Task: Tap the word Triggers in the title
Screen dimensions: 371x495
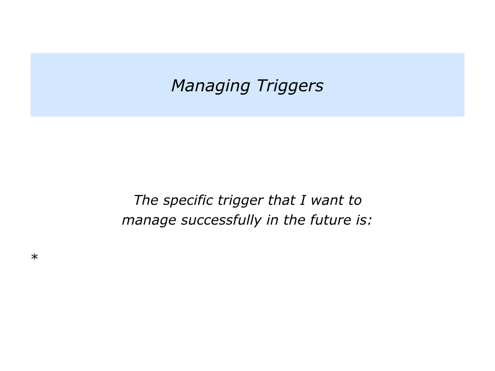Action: point(290,86)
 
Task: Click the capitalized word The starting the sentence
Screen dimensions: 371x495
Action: point(145,200)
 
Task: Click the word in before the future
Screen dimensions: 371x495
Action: point(271,220)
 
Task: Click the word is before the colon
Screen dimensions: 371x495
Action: point(363,220)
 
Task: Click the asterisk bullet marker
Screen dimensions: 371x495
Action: point(34,257)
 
